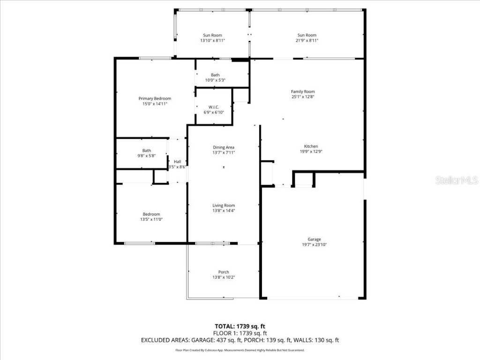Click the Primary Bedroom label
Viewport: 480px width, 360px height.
tap(155, 98)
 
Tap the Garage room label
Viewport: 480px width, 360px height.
tap(314, 239)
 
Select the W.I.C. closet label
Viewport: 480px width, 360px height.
tap(214, 107)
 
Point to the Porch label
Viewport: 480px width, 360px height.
tap(224, 272)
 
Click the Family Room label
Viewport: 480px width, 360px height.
tap(303, 91)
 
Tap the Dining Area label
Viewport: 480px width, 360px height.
tap(224, 147)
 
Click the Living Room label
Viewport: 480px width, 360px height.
tap(224, 205)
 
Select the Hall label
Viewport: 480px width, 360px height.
tap(178, 162)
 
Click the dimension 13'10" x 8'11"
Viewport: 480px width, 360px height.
tap(212, 41)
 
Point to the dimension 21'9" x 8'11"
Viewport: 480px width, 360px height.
tap(307, 41)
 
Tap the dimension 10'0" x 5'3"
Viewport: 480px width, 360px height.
tap(215, 80)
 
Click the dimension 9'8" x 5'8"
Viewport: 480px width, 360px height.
tap(147, 156)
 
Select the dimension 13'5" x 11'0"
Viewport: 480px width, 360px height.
tap(151, 219)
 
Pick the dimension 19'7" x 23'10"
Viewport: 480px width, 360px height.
tap(314, 245)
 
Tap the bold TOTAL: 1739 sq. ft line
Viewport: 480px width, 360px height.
tap(240, 326)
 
